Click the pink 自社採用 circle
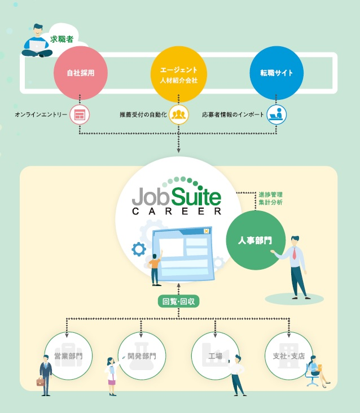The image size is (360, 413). [80, 73]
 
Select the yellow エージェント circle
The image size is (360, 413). [178, 73]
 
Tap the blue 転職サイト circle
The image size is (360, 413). [276, 73]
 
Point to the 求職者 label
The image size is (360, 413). [62, 39]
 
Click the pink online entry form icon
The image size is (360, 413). [80, 115]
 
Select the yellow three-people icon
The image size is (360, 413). [178, 115]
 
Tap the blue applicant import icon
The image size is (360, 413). [276, 115]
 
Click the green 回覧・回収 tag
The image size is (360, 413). [178, 302]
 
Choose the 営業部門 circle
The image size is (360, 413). [68, 356]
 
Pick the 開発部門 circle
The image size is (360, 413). [141, 356]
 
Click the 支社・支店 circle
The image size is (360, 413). [288, 356]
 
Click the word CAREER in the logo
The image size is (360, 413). [176, 212]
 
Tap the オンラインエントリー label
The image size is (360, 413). [41, 115]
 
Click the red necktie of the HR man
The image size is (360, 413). [294, 253]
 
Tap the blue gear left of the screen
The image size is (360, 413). [138, 249]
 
